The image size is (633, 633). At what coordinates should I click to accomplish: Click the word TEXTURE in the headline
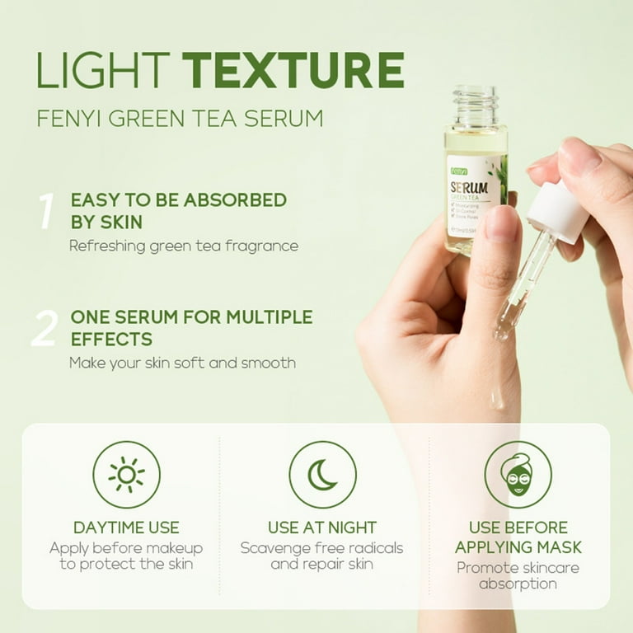(293, 70)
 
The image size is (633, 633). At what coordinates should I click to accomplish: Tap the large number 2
(45, 329)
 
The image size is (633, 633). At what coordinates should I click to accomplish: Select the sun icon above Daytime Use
(126, 474)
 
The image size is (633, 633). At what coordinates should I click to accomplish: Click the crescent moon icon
(322, 474)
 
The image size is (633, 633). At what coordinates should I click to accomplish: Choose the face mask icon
(517, 474)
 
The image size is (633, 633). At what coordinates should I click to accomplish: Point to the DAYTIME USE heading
(126, 527)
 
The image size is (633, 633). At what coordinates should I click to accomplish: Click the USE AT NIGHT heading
(322, 527)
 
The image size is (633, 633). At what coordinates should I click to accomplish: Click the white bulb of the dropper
(558, 212)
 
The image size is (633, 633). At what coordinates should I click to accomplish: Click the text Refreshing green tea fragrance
(184, 246)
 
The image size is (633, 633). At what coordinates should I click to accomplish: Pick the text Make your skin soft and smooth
(182, 363)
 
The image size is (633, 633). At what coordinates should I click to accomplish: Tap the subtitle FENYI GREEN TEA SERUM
(180, 117)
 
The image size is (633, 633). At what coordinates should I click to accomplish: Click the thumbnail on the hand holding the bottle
(501, 223)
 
